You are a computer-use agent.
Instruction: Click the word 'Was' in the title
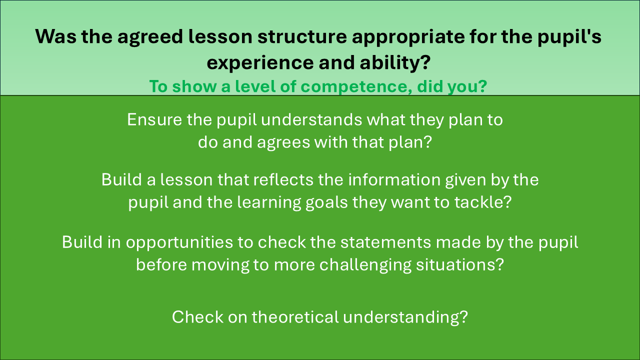coord(56,36)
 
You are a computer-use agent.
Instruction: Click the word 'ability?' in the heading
coord(395,63)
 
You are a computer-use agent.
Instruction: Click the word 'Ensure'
coord(154,119)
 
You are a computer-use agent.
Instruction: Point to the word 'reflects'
coord(283,179)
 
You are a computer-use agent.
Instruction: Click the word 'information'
coord(394,179)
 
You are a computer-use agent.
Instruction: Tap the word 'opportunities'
coord(179,243)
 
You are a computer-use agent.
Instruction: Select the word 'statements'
coord(385,242)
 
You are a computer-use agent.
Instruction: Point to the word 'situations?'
coord(460,265)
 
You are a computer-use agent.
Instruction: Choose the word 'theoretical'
coord(295,317)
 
